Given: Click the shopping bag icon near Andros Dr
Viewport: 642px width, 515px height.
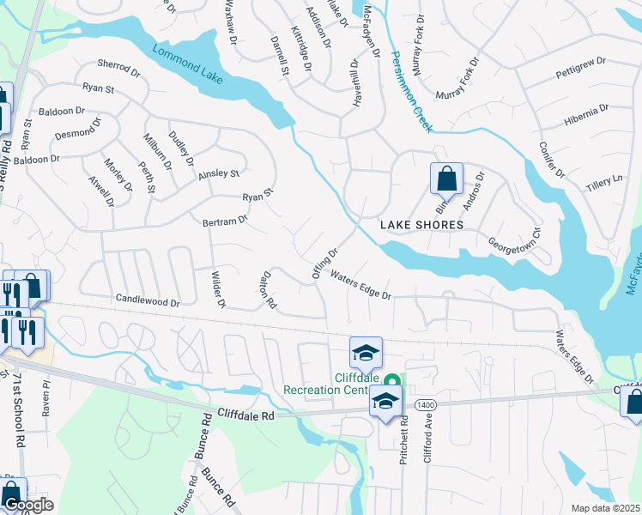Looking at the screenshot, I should coord(446,179).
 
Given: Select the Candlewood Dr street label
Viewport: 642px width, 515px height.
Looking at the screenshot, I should coord(148,301).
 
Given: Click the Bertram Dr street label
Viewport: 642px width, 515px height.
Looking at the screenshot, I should coord(225,220).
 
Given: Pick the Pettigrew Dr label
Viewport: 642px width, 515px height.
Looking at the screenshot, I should coord(581,68).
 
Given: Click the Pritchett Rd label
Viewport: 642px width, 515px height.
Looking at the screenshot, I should coord(402,439).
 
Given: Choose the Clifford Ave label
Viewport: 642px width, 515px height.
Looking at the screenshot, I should coord(427,439).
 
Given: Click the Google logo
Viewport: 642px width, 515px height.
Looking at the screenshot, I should coord(27,505).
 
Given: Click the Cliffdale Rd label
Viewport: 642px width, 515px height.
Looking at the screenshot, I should coord(245,414).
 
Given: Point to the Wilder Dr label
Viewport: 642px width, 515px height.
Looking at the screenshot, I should coord(217,289).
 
